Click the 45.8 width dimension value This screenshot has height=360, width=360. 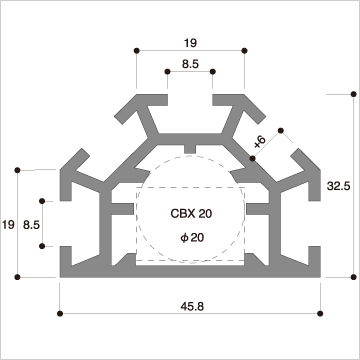pos(193,306)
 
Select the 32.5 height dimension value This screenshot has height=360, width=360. pos(338,186)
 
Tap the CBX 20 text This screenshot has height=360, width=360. pos(191,214)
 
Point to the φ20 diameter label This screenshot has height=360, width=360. pos(192,238)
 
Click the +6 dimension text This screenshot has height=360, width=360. pos(260,142)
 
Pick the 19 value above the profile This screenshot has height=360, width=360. pos(190,43)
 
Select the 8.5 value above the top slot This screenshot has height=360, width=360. pos(190,64)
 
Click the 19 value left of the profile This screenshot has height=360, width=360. pos(8,225)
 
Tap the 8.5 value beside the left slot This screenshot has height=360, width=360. pos(31,225)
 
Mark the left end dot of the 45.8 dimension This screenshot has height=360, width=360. pos(60,313)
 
